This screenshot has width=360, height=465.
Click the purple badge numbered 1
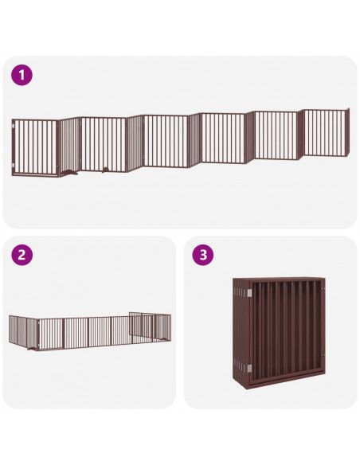22,75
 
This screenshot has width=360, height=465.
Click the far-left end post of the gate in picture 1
14,148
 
